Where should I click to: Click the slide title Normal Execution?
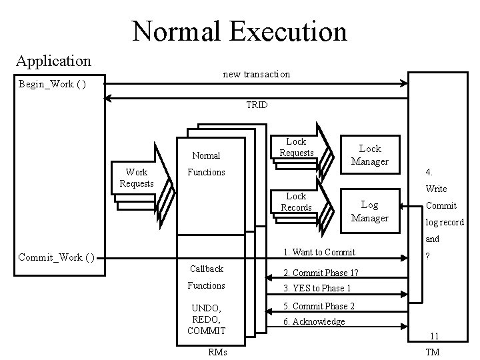(239, 31)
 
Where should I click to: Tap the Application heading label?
(53, 61)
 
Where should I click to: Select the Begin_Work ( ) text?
(51, 84)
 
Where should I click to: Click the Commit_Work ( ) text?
(56, 257)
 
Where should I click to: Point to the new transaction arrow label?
(257, 74)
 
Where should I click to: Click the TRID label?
(257, 105)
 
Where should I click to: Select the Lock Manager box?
(370, 154)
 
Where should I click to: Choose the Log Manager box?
(370, 211)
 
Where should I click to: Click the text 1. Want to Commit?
(319, 252)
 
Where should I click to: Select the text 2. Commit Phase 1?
(321, 272)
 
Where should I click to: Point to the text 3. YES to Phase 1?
(317, 288)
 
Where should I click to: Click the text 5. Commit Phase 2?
(319, 306)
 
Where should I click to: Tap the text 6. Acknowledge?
(314, 321)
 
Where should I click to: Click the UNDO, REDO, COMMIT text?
(206, 319)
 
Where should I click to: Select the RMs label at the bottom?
(217, 351)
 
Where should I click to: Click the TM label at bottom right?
(432, 351)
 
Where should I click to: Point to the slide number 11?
(433, 337)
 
